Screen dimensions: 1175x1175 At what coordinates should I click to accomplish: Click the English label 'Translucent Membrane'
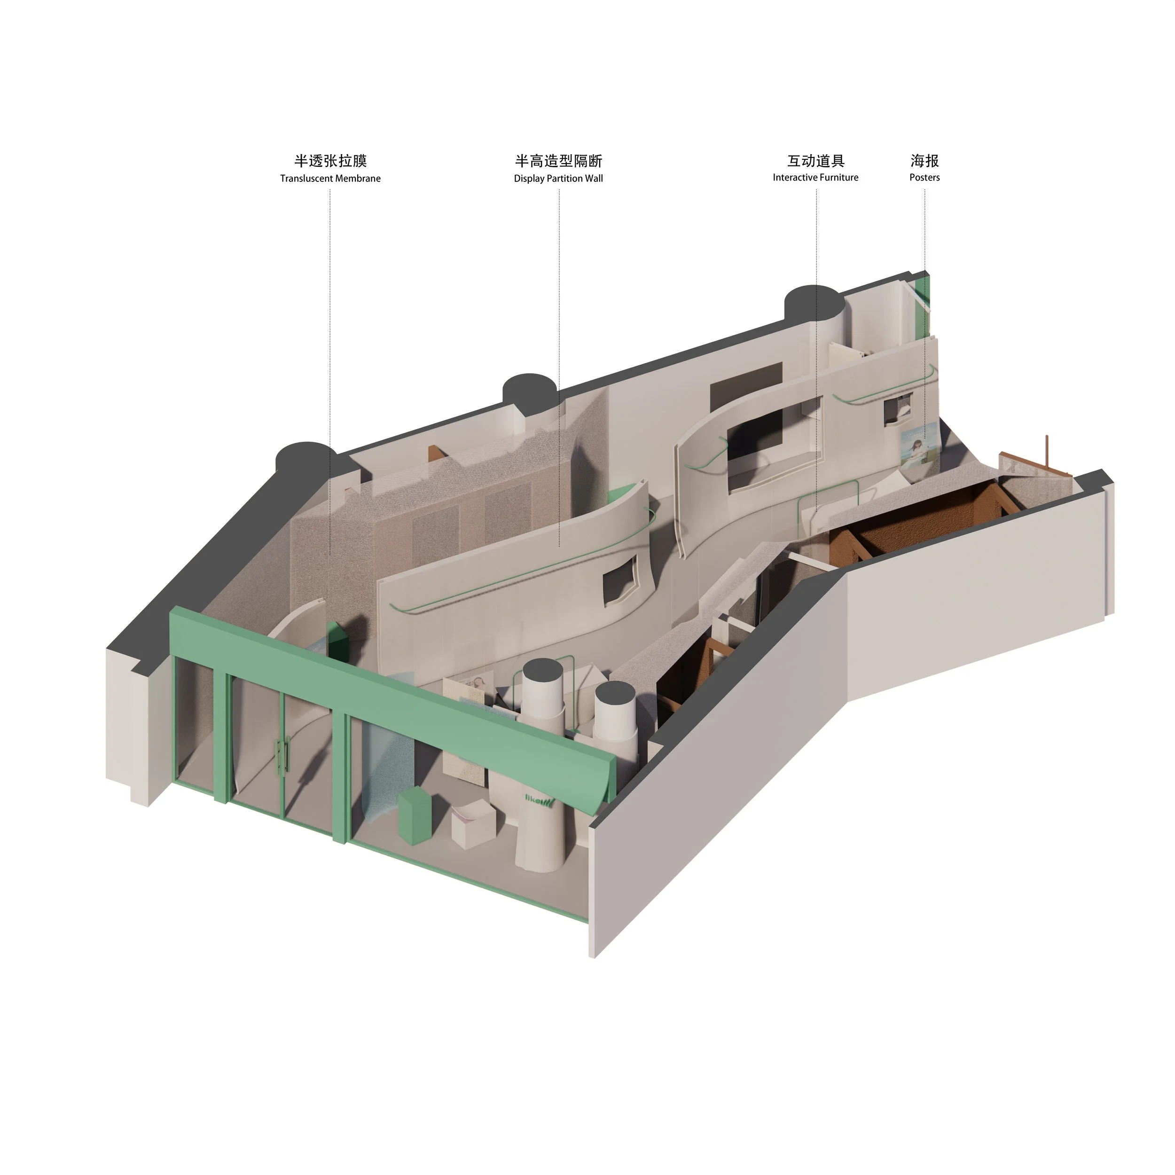tap(330, 178)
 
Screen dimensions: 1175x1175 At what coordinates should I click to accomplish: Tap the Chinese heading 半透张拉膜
tap(331, 161)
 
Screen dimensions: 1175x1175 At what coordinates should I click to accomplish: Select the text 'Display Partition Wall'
tap(558, 178)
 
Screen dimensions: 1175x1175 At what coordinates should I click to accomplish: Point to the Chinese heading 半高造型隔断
tap(558, 161)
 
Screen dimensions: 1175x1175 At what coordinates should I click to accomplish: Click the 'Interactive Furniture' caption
tap(815, 178)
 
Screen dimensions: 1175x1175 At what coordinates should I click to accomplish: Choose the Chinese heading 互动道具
tap(815, 161)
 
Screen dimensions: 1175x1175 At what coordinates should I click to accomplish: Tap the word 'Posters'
tap(924, 178)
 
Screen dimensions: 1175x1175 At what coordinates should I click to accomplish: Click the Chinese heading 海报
tap(924, 161)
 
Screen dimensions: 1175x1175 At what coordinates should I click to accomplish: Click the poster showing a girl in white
tap(920, 454)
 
